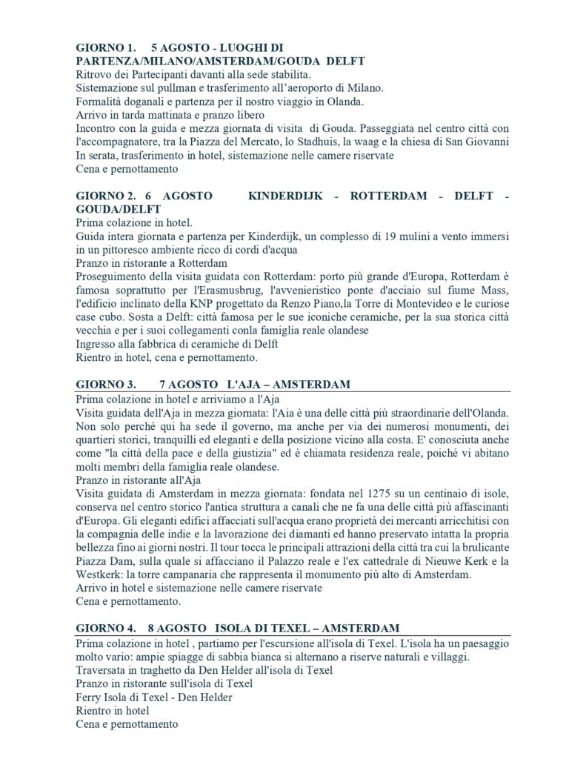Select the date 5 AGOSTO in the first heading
(180, 47)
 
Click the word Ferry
(90, 697)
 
